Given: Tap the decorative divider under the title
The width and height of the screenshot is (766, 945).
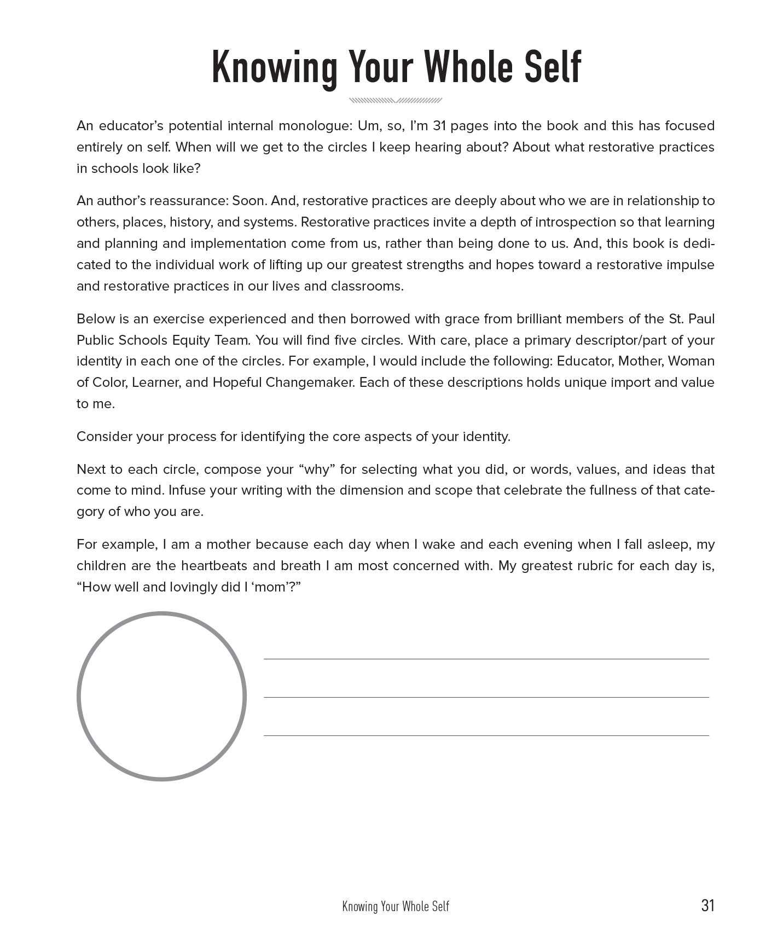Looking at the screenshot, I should pos(395,101).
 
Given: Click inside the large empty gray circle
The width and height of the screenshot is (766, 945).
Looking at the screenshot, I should pos(161,696).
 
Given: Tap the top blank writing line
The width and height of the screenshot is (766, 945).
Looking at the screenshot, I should pos(486,658).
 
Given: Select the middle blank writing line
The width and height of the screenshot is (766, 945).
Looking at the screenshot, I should pos(486,697).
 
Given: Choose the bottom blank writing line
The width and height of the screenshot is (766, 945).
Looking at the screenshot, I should pos(486,735).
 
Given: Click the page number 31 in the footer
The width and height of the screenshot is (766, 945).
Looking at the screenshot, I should pos(707,905).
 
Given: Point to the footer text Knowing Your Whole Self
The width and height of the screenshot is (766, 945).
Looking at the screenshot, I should pos(396,906).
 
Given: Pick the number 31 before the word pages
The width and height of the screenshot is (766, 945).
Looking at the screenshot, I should pos(440,126).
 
